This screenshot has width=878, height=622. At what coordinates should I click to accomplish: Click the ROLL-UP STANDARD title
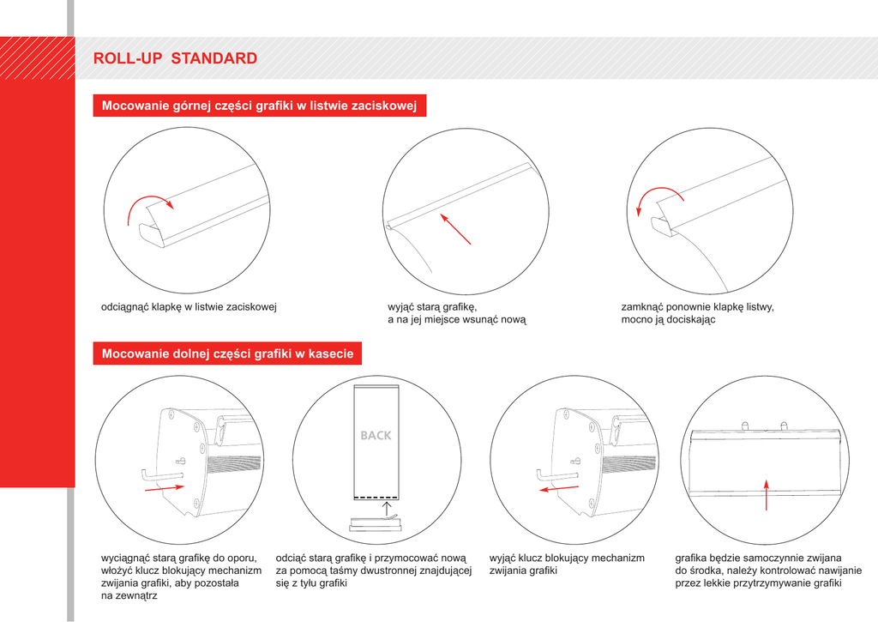coord(175,58)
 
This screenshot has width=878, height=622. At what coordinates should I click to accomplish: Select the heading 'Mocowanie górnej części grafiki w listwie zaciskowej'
coord(259,106)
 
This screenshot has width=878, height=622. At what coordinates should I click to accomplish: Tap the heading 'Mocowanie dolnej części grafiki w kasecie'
coord(227,353)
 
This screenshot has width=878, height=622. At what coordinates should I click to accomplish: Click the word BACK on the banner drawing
coord(376,436)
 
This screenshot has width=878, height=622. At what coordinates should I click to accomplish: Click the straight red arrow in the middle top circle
coord(455,228)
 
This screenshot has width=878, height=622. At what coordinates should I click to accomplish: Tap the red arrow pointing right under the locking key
coord(164,488)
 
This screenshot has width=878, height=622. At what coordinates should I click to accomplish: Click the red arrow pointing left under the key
coord(559,489)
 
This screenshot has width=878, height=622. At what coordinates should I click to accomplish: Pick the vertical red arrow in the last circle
coord(766,495)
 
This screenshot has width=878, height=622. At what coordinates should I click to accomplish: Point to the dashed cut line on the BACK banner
coord(376,498)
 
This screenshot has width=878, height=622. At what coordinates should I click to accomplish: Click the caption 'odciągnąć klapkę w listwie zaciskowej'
coord(189,307)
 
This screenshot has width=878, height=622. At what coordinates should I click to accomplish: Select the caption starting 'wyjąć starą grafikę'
coord(457,313)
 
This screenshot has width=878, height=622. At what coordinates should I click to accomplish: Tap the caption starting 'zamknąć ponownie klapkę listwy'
coord(698,313)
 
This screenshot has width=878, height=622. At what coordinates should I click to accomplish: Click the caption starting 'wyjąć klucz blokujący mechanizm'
coord(567,565)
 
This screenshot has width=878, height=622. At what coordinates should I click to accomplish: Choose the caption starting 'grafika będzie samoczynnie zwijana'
coord(768,571)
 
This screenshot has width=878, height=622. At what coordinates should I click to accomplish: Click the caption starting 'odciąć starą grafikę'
coord(374,571)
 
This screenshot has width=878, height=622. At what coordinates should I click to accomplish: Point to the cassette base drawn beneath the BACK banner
coord(376,524)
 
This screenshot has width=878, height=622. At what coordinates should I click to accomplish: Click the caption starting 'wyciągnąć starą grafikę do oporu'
coord(181,577)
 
